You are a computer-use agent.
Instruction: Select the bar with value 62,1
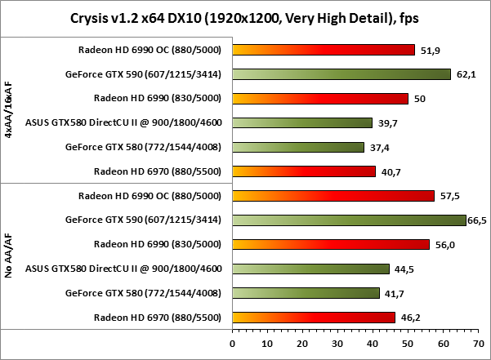coord(341,74)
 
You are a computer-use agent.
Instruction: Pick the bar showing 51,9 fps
coord(324,50)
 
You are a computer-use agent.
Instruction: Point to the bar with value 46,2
coord(314,318)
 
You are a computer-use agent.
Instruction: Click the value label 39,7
coord(389,123)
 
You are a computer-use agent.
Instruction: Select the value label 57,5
coord(451,196)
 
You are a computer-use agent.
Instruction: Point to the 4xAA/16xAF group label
coord(7,110)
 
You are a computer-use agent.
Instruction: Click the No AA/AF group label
coord(7,256)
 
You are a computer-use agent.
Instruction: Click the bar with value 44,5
coord(310,269)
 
